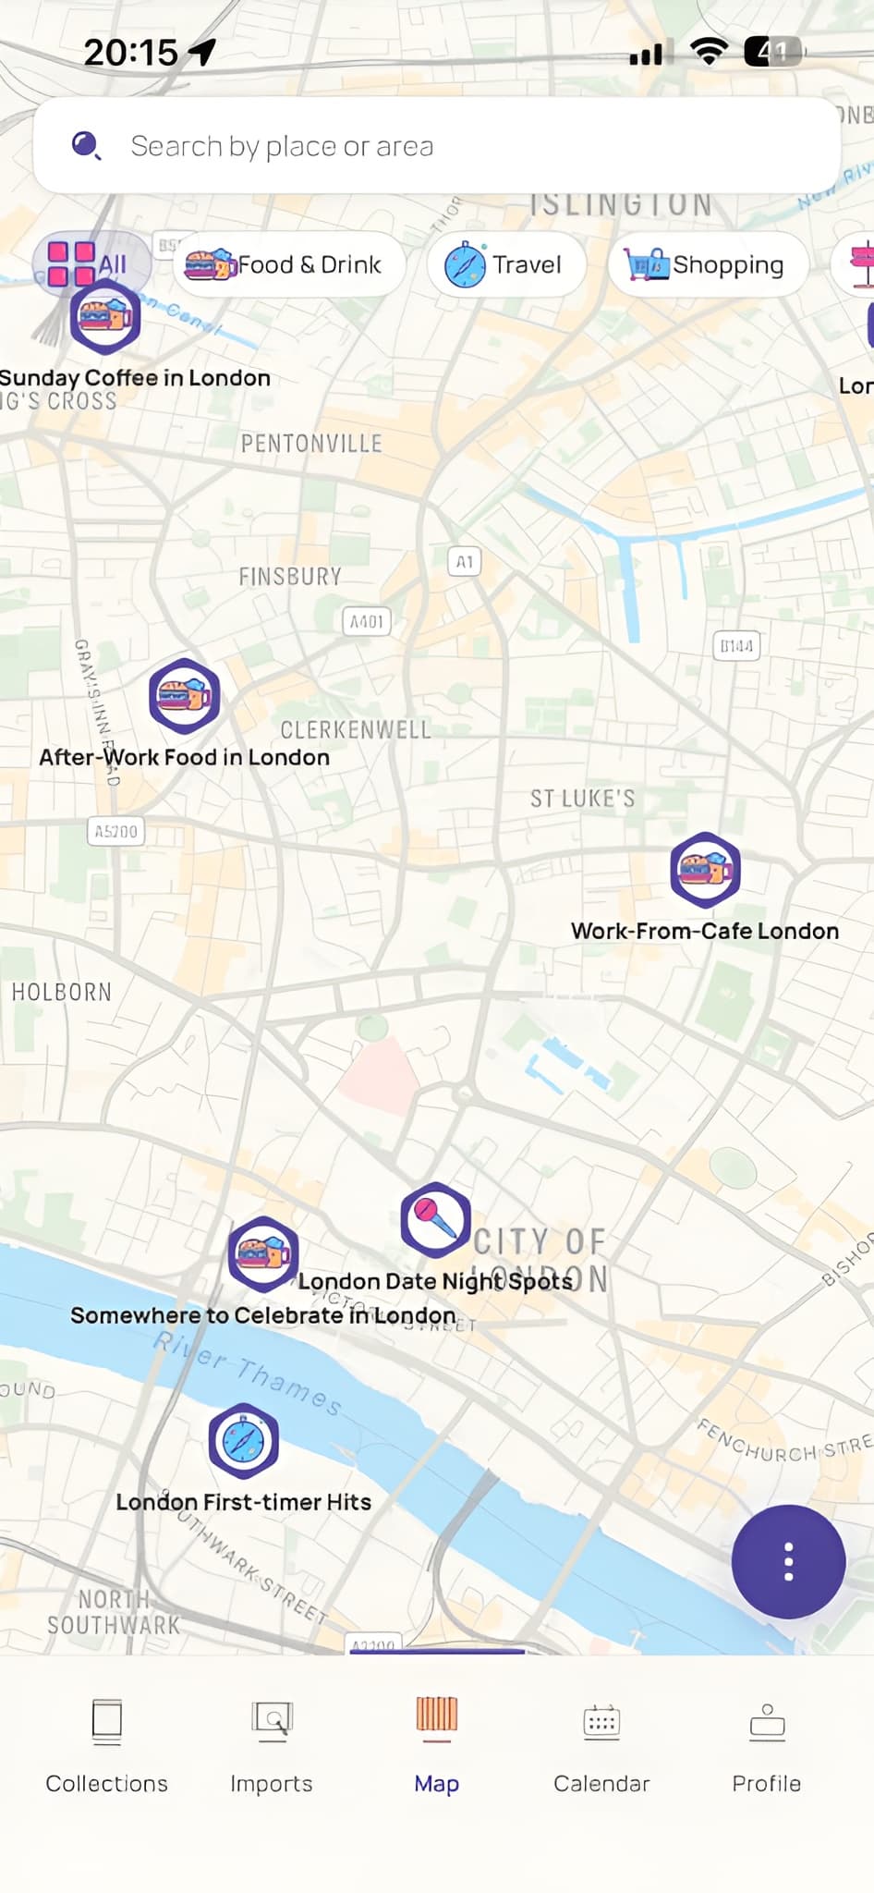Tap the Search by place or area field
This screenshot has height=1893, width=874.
(436, 146)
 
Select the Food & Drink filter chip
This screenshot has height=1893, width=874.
(288, 265)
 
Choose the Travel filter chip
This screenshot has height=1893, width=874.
(505, 265)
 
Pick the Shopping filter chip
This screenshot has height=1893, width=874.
(708, 265)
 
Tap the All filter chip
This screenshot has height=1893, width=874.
(90, 263)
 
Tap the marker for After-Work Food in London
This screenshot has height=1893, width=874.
(185, 696)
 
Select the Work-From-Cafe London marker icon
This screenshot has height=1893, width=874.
(705, 870)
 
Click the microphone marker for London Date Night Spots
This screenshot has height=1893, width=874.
(435, 1219)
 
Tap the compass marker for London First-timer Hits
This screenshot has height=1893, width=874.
(243, 1440)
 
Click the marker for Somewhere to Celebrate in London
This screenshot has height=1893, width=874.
(263, 1254)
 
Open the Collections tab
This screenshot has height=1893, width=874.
(107, 1742)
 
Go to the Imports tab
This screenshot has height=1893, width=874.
(272, 1742)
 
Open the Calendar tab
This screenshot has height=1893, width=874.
(601, 1742)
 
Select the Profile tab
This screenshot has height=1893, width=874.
(766, 1742)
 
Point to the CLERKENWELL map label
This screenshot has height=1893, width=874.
(356, 730)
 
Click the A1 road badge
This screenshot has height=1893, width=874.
(465, 561)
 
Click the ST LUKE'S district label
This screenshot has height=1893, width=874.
(582, 799)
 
